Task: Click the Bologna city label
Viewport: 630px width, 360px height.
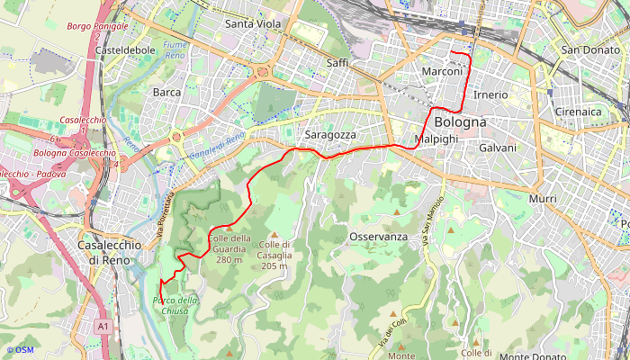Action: coord(460,121)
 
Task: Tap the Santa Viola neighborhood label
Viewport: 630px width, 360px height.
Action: coord(253,23)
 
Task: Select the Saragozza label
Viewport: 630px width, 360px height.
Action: coord(331,135)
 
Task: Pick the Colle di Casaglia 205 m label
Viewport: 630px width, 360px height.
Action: coord(274,255)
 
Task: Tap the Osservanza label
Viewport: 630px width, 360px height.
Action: coord(378,237)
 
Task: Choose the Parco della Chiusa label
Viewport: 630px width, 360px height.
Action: coord(175,305)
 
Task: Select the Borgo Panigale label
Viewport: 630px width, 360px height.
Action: coord(96,27)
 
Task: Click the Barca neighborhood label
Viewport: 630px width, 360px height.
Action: coord(166,92)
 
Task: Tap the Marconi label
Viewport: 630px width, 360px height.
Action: coord(442,71)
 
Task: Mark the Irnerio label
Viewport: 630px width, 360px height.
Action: coord(490,94)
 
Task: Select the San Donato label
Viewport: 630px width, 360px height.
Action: coord(589,50)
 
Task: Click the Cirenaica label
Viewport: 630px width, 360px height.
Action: coord(579,112)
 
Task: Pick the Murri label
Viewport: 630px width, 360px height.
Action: coord(543,198)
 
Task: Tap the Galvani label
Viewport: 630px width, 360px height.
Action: coord(498,148)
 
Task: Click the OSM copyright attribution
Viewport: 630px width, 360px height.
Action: coord(20,350)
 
